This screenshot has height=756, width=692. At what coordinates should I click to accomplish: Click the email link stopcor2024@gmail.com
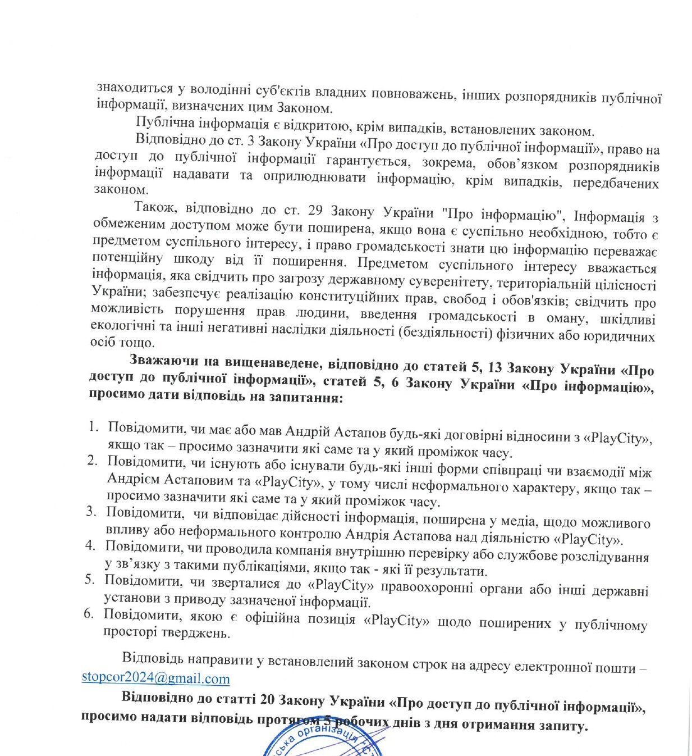pos(155,678)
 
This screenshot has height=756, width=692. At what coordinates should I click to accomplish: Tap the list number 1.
pos(93,427)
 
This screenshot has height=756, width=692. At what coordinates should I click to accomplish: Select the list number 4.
pos(90,545)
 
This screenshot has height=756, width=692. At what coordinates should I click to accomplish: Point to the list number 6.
pos(89,613)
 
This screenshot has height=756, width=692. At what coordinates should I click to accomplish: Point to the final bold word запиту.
pos(564,726)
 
